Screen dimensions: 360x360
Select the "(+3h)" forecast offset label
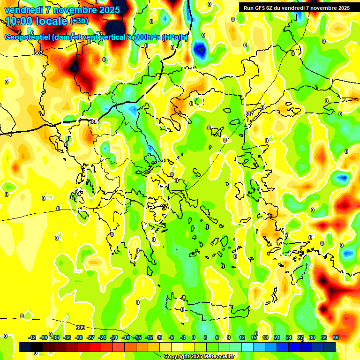pos(78,21)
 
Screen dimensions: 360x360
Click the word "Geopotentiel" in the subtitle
pos(28,37)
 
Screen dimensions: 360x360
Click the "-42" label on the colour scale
pos(32,337)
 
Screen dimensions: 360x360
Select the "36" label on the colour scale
pos(336,337)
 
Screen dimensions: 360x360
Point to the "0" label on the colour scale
pos(194,337)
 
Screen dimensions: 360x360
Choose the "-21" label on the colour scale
pos(114,337)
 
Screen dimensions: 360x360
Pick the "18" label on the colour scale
pos(265,337)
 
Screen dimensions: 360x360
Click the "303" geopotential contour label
pos(38,53)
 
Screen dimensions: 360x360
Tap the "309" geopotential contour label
pos(81,328)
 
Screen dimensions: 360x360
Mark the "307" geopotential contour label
pos(249,114)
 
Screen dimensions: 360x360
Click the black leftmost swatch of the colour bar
pos(25,347)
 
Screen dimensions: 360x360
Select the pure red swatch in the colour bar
pos(95,347)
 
